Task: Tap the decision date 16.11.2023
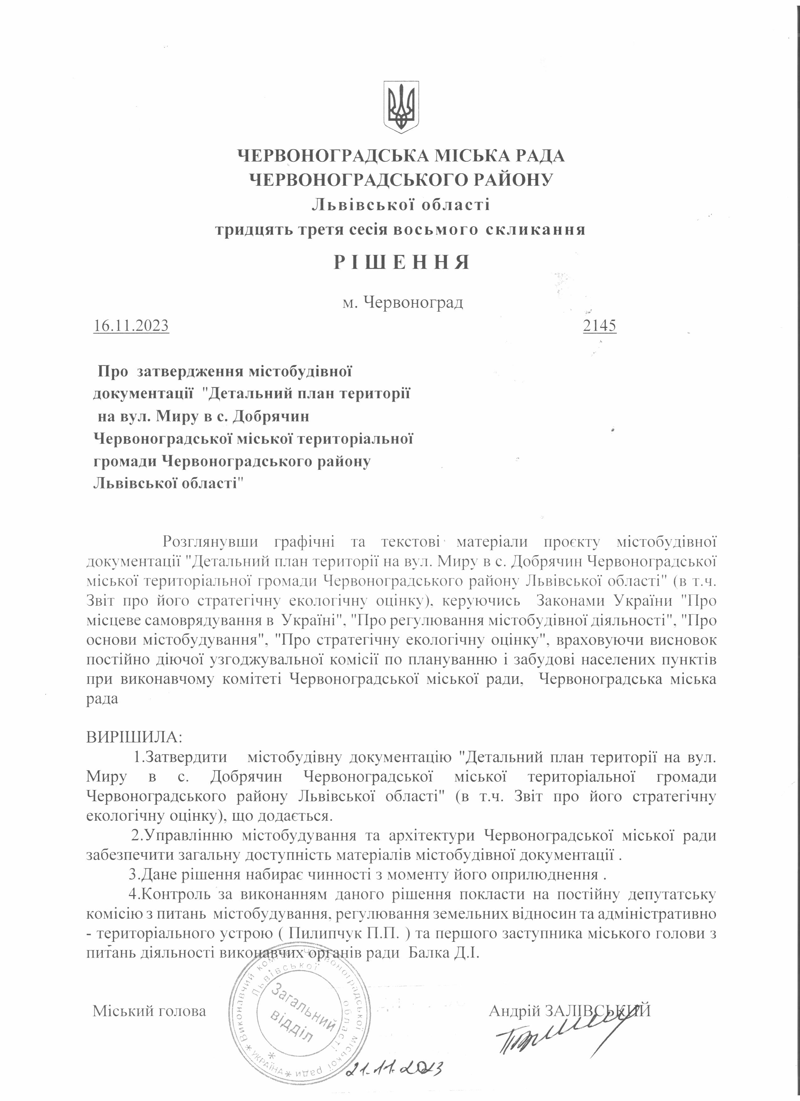tap(131, 325)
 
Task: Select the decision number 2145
tap(600, 325)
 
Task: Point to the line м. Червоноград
tap(402, 303)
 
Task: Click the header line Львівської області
tap(401, 204)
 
